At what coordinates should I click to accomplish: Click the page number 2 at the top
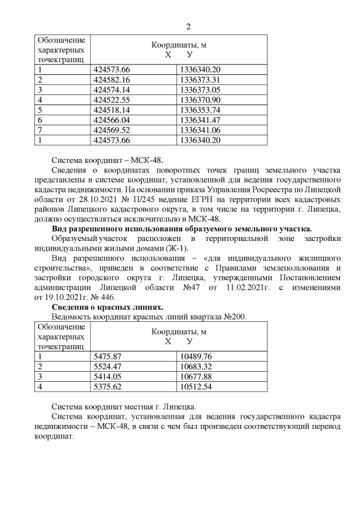click(188, 27)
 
